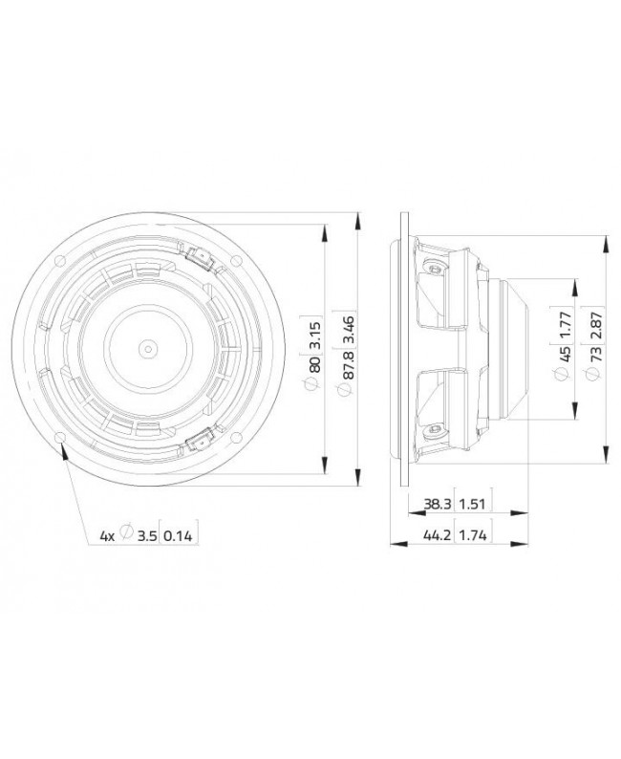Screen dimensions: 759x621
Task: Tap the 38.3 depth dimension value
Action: (x=435, y=504)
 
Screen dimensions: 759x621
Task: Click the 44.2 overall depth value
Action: (x=435, y=536)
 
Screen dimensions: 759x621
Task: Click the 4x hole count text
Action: (x=107, y=536)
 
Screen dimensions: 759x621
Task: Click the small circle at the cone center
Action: (x=148, y=348)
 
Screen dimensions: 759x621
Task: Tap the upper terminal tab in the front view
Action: (x=200, y=256)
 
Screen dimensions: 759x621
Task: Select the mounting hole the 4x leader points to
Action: (x=63, y=436)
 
